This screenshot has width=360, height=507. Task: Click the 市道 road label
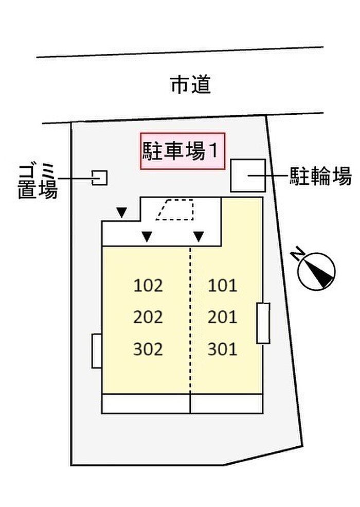tap(191, 85)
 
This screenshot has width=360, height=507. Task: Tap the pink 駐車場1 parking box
tap(183, 151)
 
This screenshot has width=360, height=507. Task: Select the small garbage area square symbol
tap(99, 178)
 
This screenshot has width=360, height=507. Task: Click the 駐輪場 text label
tap(320, 176)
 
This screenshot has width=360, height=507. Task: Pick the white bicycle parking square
tap(248, 175)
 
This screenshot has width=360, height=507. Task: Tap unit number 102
tap(148, 286)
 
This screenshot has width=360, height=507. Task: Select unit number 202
tap(148, 317)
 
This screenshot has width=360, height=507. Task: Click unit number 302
tap(148, 349)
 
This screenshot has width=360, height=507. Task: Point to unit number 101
tap(222, 286)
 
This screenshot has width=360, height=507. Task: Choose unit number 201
tap(222, 317)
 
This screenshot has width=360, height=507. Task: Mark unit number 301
tap(222, 349)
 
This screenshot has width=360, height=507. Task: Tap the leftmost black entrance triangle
tap(121, 213)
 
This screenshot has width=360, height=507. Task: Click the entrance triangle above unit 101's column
tap(199, 237)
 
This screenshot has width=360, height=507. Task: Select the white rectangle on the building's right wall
tap(263, 323)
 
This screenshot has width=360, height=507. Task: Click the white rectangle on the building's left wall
tap(97, 351)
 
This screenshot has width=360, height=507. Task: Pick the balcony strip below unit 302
tap(146, 404)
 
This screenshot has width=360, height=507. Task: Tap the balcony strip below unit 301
tap(226, 404)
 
